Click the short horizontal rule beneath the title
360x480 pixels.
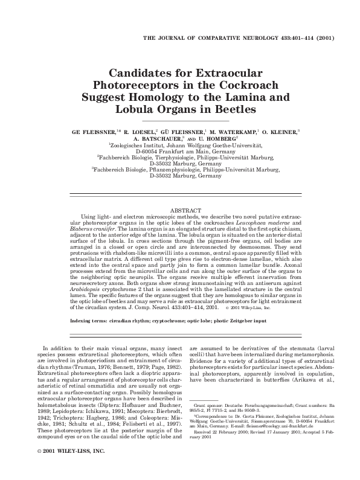(179, 121)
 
